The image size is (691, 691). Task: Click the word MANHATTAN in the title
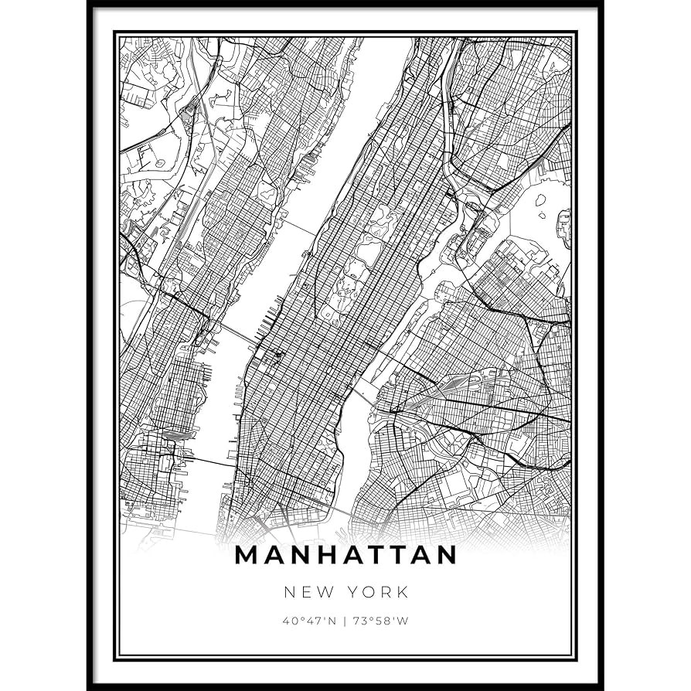click(345, 556)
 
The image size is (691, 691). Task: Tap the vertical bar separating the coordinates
click(345, 620)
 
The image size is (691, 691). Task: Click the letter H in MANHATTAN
click(322, 556)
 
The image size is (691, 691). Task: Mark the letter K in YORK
click(402, 593)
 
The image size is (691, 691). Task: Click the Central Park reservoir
click(369, 251)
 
